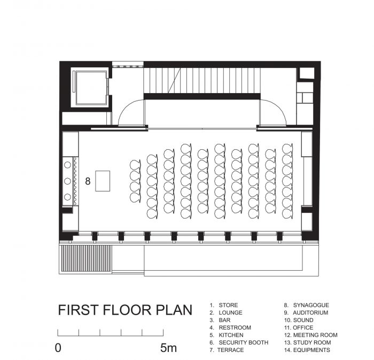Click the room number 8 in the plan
[x=88, y=181]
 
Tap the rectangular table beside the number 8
[x=103, y=181]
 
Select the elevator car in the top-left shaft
[x=91, y=88]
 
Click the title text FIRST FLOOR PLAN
[x=125, y=310]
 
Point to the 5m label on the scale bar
[x=168, y=348]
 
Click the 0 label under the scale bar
[x=58, y=348]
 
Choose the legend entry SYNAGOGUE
[x=311, y=305]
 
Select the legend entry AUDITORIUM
[x=310, y=312]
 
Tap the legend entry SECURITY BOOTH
[x=244, y=342]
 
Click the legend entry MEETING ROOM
[x=315, y=335]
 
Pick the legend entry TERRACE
[x=231, y=350]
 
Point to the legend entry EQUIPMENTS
[x=311, y=350]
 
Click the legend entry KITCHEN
[x=231, y=335]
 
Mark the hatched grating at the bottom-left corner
[x=87, y=258]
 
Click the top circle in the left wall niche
[x=67, y=165]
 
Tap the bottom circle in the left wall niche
[x=67, y=197]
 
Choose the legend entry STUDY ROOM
[x=312, y=342]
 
